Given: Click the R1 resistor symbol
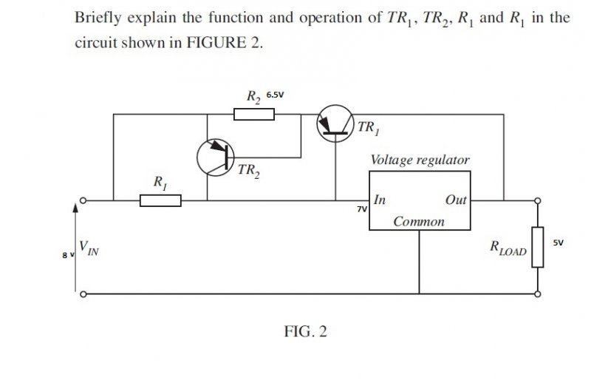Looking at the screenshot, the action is [x=160, y=200].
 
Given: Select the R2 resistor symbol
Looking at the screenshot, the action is [x=254, y=114].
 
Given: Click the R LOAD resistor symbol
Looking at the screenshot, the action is [x=538, y=247].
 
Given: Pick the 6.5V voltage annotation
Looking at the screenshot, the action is [x=275, y=95].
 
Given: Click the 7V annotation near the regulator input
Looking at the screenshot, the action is [x=362, y=209].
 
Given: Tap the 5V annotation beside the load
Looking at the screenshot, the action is [x=558, y=243].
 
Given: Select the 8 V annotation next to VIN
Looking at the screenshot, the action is [x=68, y=256].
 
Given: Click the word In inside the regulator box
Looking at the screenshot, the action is [x=380, y=200].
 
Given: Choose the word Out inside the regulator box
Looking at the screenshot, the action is [x=456, y=200].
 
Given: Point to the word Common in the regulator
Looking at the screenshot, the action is [x=419, y=222].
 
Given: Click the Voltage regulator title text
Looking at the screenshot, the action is [x=420, y=160].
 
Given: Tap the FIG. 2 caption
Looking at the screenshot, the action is [x=305, y=332].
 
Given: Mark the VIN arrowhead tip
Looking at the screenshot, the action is [x=75, y=204].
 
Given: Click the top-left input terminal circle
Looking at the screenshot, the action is [x=83, y=200].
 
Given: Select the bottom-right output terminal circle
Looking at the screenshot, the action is [x=538, y=294].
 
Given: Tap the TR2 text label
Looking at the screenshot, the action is [x=249, y=172].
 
